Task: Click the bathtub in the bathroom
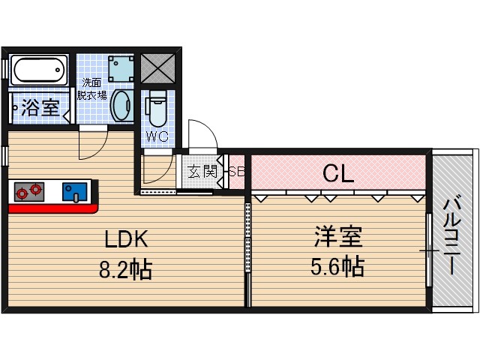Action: pyautogui.click(x=40, y=70)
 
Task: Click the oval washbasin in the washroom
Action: pyautogui.click(x=121, y=108)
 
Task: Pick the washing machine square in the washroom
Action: pyautogui.click(x=120, y=68)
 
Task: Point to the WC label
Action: pyautogui.click(x=157, y=137)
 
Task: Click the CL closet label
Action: pyautogui.click(x=338, y=173)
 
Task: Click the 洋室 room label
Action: pyautogui.click(x=337, y=237)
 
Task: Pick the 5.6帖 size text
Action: pyautogui.click(x=337, y=265)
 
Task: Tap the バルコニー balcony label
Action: pyautogui.click(x=452, y=232)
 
